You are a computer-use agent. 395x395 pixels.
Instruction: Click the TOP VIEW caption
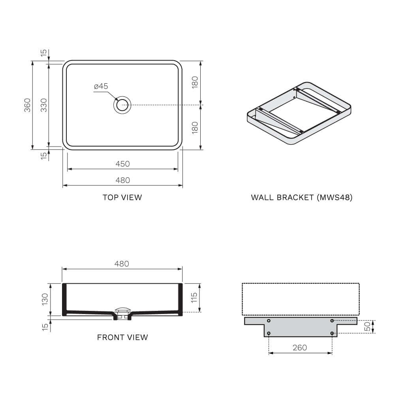tap(122, 197)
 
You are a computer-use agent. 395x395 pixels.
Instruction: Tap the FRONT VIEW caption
tap(122, 337)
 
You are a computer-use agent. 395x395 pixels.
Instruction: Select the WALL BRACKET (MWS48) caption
tap(301, 197)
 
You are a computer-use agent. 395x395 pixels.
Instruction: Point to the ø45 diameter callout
tap(101, 87)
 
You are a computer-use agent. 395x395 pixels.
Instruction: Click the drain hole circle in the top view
tap(122, 105)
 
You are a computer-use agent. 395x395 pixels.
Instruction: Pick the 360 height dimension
tap(27, 105)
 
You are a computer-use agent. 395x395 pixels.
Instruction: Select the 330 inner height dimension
tap(44, 105)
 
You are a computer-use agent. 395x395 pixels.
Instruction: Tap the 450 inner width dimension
tap(122, 164)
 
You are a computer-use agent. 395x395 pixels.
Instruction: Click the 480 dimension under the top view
tap(122, 180)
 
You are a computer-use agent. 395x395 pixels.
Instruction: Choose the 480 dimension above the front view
tap(122, 263)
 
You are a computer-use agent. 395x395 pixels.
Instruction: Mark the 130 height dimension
tap(45, 299)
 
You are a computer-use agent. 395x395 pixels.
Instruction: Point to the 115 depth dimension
tap(194, 297)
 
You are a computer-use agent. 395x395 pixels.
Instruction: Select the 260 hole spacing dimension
tap(300, 348)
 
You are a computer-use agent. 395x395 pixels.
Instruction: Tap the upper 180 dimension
tap(194, 83)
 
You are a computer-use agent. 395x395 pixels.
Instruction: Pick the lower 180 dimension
tap(194, 128)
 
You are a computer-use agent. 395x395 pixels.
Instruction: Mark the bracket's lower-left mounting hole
tap(269, 333)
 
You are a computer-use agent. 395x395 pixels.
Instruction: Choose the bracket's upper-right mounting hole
tap(332, 321)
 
